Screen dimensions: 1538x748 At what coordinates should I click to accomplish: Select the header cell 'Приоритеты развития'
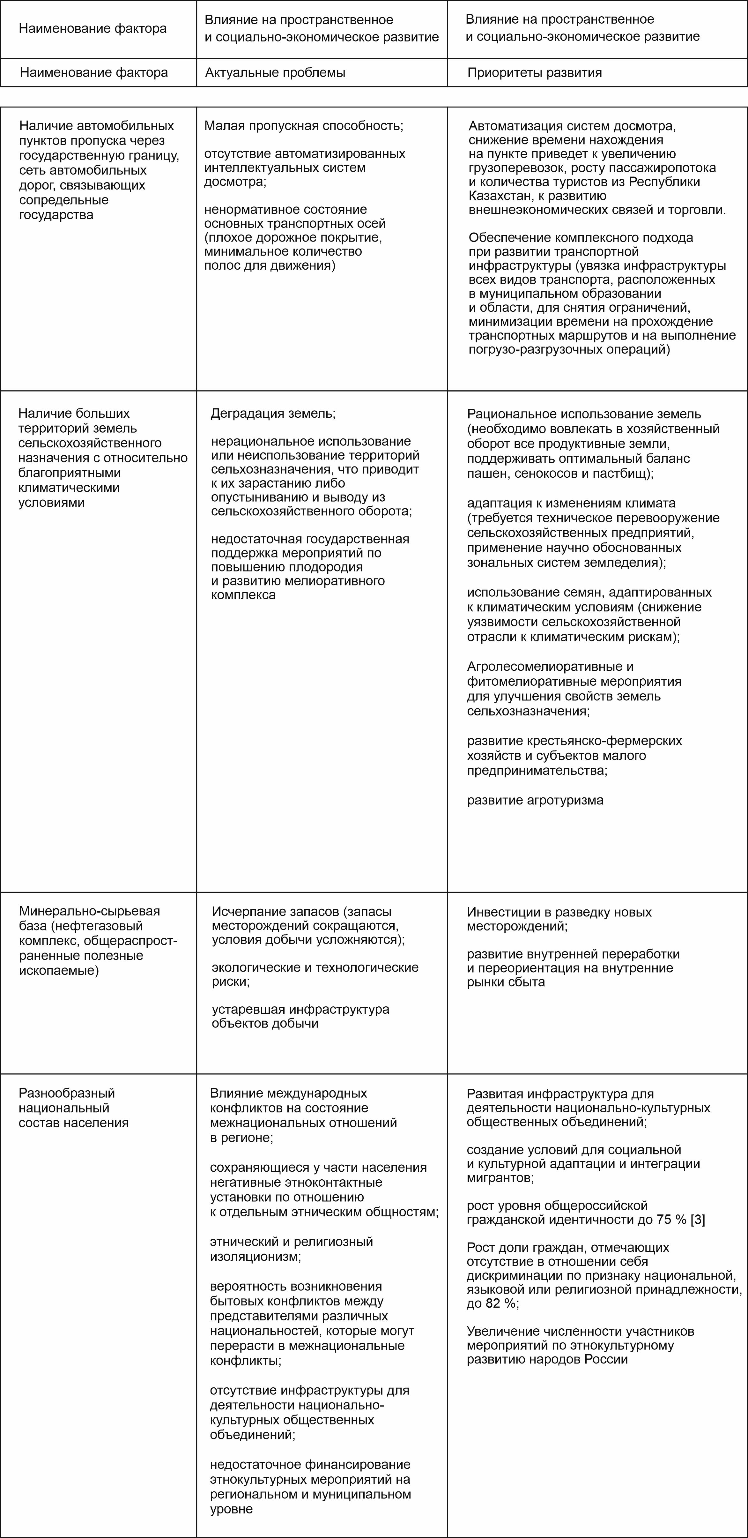(x=534, y=73)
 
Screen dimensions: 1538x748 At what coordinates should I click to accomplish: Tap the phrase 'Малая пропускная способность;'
(x=304, y=126)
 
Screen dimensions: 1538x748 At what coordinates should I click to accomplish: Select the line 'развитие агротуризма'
(x=535, y=800)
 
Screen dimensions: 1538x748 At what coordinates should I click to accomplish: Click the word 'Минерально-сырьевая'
(x=90, y=911)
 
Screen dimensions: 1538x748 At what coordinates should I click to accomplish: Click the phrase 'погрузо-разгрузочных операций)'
(x=569, y=349)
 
